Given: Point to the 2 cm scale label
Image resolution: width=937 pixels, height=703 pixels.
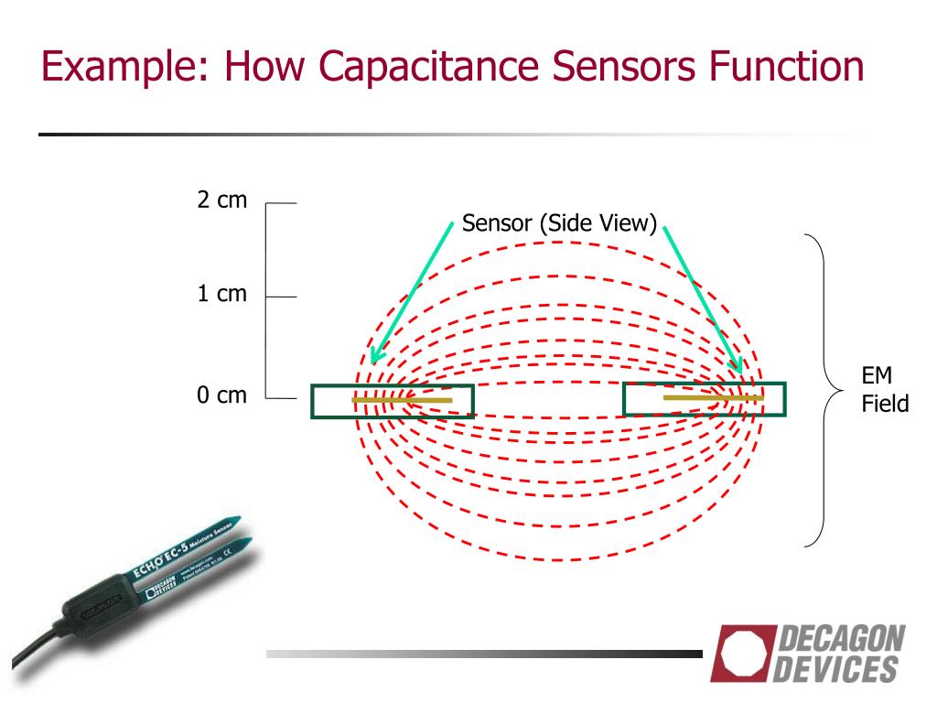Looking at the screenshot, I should pyautogui.click(x=222, y=200).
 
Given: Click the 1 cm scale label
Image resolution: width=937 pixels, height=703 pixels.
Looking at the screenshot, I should pyautogui.click(x=222, y=295).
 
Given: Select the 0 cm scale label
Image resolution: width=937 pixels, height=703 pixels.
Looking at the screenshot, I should pyautogui.click(x=222, y=396).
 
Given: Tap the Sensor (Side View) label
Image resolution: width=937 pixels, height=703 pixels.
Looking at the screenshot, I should pyautogui.click(x=559, y=223).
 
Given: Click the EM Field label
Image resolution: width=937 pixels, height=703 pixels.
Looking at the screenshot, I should pyautogui.click(x=884, y=389).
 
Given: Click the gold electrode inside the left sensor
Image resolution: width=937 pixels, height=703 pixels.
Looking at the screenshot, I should pyautogui.click(x=402, y=400).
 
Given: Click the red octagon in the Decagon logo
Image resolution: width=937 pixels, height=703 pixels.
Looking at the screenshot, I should pyautogui.click(x=739, y=651).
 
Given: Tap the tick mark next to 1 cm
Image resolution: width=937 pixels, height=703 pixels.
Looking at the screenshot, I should pyautogui.click(x=283, y=297).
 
